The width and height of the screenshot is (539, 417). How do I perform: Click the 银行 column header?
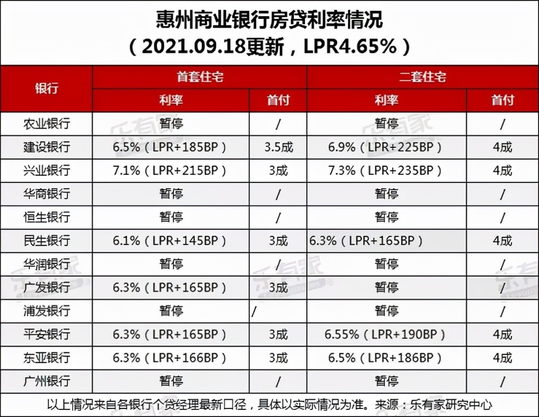coord(46,89)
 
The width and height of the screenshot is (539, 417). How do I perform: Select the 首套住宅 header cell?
coord(199,77)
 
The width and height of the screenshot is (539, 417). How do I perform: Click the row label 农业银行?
coord(46,124)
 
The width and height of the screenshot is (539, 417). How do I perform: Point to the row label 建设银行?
coord(46,147)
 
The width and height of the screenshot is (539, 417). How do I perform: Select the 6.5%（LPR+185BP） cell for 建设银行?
coord(169,147)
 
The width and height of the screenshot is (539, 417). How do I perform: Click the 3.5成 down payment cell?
coord(278,147)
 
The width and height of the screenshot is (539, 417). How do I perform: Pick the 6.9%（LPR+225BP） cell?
coord(385,147)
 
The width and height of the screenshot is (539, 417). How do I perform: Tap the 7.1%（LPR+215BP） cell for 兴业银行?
coord(169,171)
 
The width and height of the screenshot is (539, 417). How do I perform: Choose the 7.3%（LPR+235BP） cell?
coord(385,171)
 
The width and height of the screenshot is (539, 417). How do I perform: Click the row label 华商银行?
coord(46,194)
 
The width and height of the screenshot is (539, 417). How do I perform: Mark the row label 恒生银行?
coord(46,217)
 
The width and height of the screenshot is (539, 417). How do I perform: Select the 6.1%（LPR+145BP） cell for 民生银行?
coord(169,241)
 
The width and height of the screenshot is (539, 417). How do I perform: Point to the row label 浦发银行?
coord(46,311)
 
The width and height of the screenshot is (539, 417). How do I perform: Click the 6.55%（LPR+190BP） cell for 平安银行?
coord(385,335)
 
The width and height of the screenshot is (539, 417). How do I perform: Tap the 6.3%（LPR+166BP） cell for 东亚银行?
coord(169,358)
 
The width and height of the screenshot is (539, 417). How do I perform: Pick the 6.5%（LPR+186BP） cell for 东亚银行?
coord(385,358)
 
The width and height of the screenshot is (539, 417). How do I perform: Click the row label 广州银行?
coord(46,381)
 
